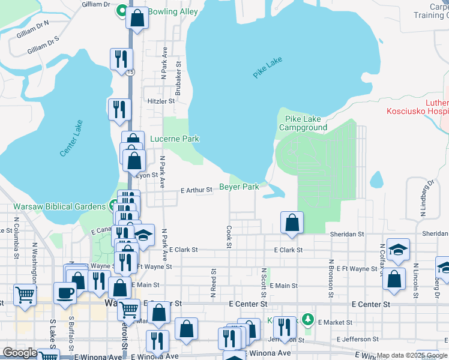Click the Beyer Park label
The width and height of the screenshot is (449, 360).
239,187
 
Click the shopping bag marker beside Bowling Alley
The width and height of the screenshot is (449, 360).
137,17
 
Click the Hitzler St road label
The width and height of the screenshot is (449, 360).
160,101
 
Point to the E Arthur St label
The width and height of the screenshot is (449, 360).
197,190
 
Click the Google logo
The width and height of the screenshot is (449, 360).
20,353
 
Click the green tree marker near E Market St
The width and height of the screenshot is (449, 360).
308,318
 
